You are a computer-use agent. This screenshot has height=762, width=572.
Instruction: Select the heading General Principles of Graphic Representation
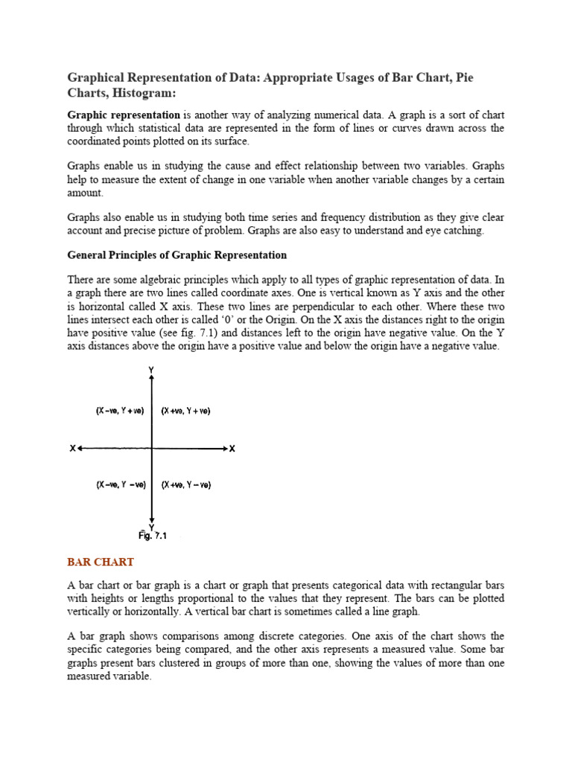coord(177,254)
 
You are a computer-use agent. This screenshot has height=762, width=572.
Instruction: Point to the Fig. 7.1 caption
coord(152,534)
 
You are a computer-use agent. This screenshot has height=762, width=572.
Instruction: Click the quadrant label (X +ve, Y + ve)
coord(185,411)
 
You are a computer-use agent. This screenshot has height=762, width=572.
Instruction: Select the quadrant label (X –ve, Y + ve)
coord(118,411)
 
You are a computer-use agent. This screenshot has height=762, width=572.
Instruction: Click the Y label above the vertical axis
coord(152,370)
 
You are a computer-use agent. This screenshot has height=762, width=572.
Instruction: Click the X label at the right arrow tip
coord(232,449)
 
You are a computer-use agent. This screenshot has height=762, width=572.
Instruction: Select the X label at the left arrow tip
coord(72,449)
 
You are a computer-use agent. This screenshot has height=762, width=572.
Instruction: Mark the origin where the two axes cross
coord(152,449)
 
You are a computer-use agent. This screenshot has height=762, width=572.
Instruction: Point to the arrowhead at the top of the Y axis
coord(152,379)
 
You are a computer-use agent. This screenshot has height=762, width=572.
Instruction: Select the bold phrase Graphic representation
coord(124,115)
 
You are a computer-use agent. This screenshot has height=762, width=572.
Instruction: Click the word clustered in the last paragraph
coord(220,664)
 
